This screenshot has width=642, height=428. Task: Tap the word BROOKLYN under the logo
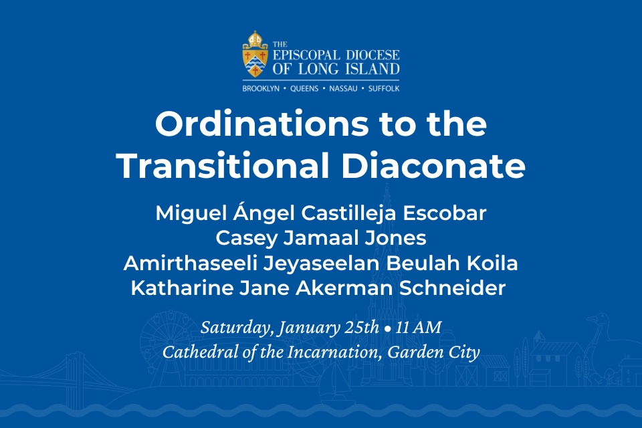point(261,88)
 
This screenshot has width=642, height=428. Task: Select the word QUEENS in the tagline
point(304,88)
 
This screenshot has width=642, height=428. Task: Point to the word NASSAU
point(343,88)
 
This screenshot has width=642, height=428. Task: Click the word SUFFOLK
point(384,88)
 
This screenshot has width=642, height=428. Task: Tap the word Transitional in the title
point(223,166)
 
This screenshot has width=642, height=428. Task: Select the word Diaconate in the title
point(433,166)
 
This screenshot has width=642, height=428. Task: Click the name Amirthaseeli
point(191,263)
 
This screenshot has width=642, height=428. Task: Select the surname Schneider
point(452,288)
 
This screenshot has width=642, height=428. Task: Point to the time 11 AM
point(419,328)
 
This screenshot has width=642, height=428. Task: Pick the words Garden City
point(433,352)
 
